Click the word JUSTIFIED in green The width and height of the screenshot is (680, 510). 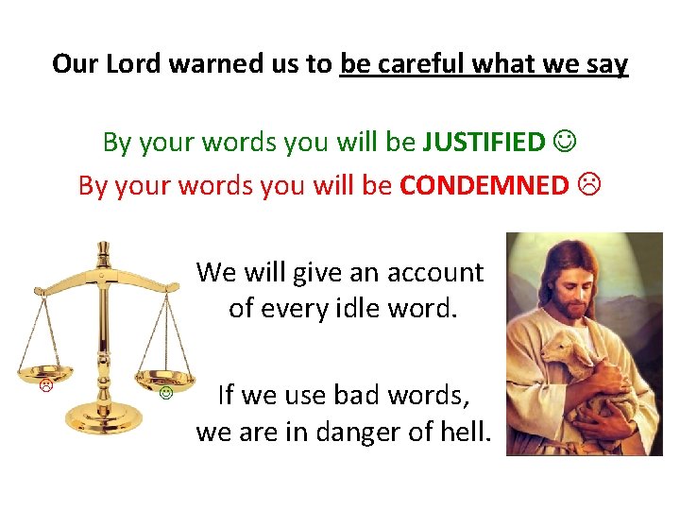coord(484,142)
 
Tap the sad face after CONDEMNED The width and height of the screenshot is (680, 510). coord(587,185)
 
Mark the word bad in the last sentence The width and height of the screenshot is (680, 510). coord(328,395)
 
